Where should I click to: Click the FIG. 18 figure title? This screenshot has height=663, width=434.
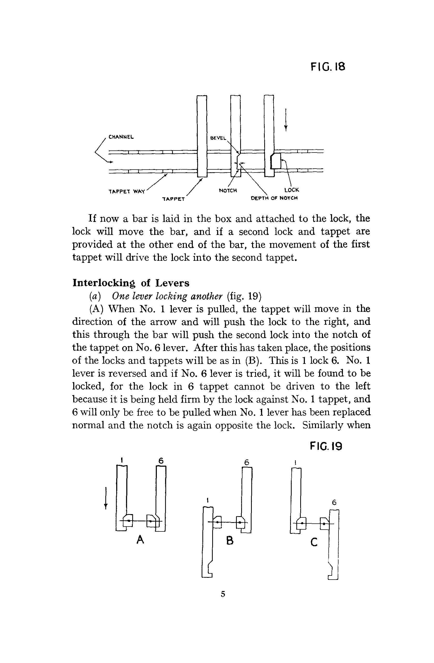click(x=328, y=67)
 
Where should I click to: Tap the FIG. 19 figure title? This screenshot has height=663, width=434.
click(x=326, y=446)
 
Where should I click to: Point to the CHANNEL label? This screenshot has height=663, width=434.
click(x=121, y=137)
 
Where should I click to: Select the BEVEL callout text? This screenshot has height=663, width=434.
click(x=218, y=138)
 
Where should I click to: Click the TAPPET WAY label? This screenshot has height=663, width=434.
click(x=127, y=192)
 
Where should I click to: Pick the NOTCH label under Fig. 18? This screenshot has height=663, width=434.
click(x=228, y=191)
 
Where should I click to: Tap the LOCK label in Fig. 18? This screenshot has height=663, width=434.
click(x=291, y=190)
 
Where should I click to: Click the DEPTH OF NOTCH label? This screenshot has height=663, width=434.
click(x=274, y=198)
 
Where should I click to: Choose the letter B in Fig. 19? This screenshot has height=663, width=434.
click(x=230, y=541)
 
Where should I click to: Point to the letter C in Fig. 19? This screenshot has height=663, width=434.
click(x=314, y=542)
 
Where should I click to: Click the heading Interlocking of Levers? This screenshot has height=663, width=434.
click(x=131, y=283)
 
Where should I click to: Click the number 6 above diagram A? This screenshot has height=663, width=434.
click(x=161, y=461)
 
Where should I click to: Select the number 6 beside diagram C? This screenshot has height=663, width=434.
click(x=334, y=502)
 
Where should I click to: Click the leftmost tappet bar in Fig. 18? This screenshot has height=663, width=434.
click(x=202, y=136)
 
